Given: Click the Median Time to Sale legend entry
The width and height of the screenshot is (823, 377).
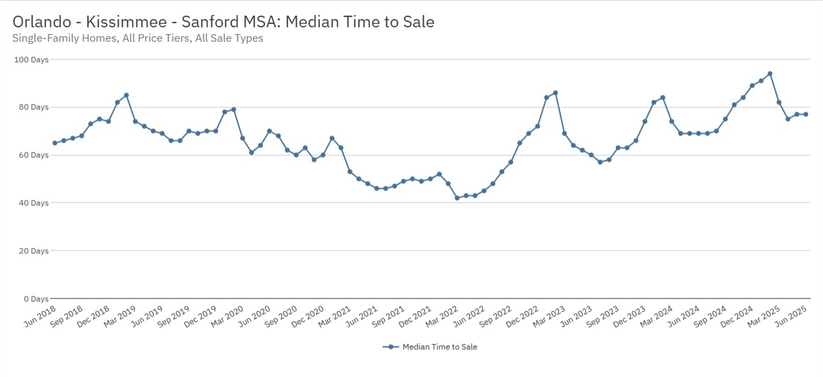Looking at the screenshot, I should [x=430, y=347].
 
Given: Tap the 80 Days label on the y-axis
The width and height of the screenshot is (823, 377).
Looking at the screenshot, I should [x=34, y=108].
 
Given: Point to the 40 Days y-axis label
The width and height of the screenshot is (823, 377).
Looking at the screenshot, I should [x=34, y=203].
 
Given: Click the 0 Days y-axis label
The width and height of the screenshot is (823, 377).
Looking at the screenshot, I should [x=36, y=299].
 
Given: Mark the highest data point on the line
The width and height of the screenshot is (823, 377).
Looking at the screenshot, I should [x=770, y=73].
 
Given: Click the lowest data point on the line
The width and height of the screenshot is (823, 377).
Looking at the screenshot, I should [x=457, y=198].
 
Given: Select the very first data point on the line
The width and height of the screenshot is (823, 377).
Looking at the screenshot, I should [x=55, y=143].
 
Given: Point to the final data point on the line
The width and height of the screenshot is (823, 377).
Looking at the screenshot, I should [x=805, y=114].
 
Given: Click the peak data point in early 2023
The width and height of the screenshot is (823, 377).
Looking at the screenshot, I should [x=555, y=93].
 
